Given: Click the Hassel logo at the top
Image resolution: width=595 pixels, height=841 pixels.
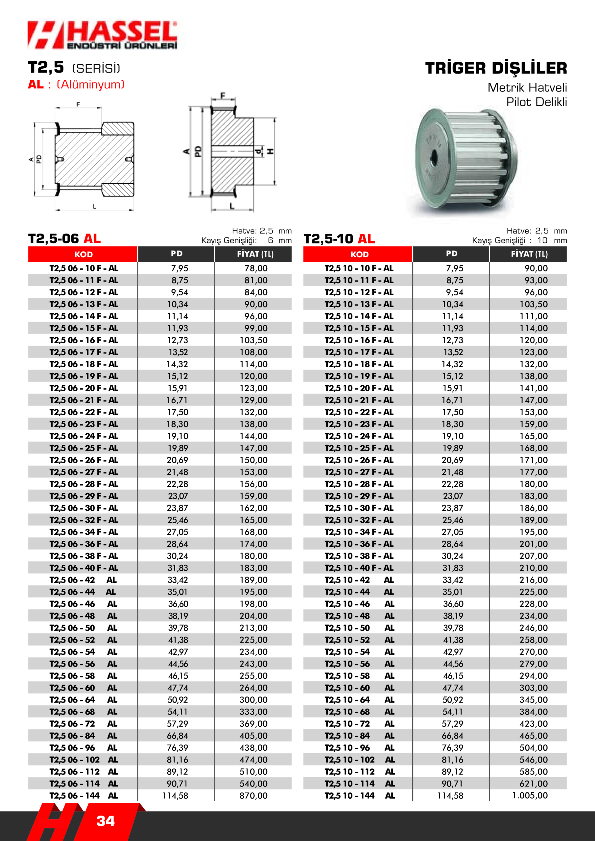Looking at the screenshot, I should click(x=102, y=35).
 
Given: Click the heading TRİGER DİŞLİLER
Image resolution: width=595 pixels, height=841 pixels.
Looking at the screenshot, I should click(x=496, y=68).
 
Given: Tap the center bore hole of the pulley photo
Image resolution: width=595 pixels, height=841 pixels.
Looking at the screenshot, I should click(x=434, y=157).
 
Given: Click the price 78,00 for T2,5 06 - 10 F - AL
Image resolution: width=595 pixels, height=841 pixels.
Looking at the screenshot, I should click(x=256, y=268).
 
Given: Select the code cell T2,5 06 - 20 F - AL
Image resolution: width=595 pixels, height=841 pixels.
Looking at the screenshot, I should click(x=83, y=388).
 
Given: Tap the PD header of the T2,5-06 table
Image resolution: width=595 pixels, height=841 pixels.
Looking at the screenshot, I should click(x=176, y=254).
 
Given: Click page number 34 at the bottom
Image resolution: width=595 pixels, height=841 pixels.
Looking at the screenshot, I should click(x=105, y=821).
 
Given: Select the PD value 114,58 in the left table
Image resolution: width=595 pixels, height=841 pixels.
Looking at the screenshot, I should click(x=175, y=795).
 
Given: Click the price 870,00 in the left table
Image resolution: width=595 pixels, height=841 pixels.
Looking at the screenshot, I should click(x=253, y=795).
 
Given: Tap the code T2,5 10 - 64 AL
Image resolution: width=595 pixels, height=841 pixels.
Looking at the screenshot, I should click(x=359, y=700).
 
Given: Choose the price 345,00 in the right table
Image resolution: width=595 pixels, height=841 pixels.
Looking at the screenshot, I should click(x=534, y=700).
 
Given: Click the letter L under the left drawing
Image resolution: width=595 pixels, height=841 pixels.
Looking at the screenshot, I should click(x=94, y=207).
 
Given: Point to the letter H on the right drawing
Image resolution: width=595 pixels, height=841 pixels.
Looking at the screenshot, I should click(x=271, y=151).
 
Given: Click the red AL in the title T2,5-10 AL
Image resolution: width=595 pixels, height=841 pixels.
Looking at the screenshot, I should click(x=366, y=239).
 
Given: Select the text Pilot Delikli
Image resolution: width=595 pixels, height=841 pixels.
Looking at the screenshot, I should click(x=536, y=102).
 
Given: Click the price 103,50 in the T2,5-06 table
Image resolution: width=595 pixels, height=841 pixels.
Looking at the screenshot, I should click(x=253, y=340).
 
